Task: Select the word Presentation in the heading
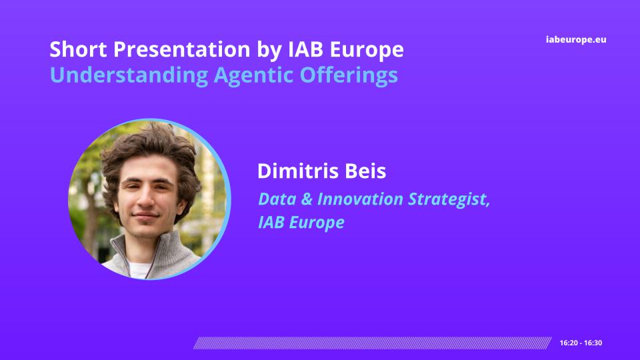181,49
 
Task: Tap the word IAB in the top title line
306,49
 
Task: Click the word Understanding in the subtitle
129,75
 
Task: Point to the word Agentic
253,75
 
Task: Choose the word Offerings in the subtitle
349,75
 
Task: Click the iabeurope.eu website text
576,39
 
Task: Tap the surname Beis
365,171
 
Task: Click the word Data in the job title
277,199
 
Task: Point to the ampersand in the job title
307,199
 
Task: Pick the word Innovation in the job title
360,199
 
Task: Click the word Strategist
449,200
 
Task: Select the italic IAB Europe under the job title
301,223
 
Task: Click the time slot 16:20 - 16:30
581,343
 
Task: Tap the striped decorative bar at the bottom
372,343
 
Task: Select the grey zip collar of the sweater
155,253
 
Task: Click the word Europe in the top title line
367,50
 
